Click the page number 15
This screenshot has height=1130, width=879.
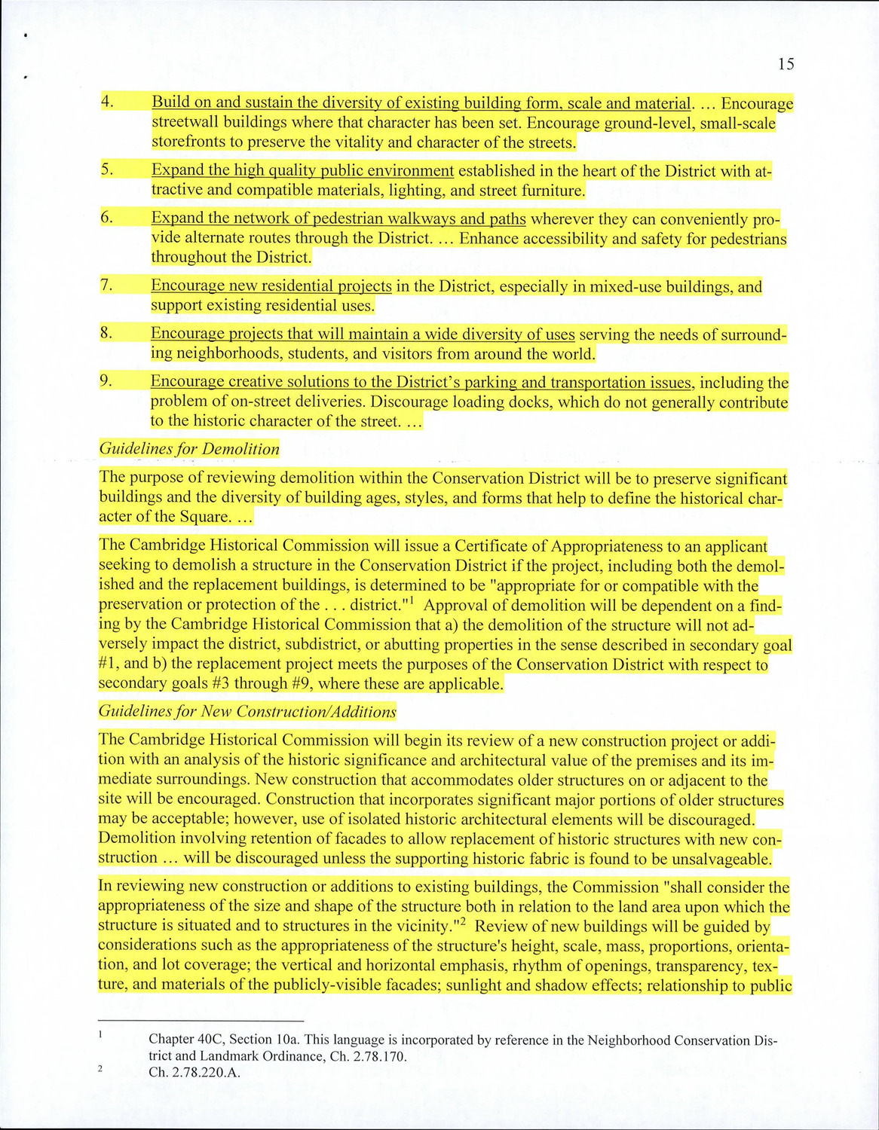786,64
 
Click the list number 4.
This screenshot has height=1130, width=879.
107,101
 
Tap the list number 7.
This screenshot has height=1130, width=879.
106,285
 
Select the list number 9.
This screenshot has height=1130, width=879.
106,381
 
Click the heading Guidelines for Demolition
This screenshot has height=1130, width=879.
189,449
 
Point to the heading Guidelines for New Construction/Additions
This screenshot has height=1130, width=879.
247,712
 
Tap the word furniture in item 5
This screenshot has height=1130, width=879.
553,191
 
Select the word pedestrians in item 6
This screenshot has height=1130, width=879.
745,239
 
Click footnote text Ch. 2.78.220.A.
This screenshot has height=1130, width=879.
194,1073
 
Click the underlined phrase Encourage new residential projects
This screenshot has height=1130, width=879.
271,286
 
